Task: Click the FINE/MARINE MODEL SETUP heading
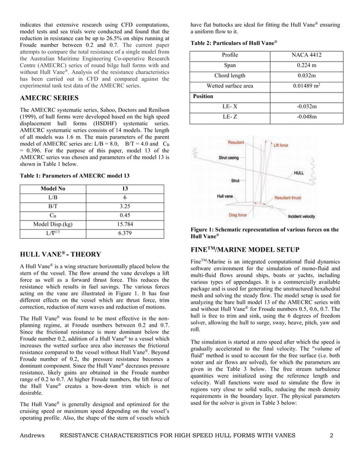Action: click(x=245, y=249)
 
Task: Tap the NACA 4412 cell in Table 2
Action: click(x=306, y=55)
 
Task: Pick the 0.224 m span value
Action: click(x=306, y=65)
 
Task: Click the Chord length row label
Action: click(x=230, y=76)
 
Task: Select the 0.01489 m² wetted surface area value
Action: click(x=306, y=86)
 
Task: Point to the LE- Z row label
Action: click(x=230, y=117)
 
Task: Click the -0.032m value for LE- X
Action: click(x=306, y=107)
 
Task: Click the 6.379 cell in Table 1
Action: click(x=122, y=233)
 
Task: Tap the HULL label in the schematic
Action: click(x=301, y=173)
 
